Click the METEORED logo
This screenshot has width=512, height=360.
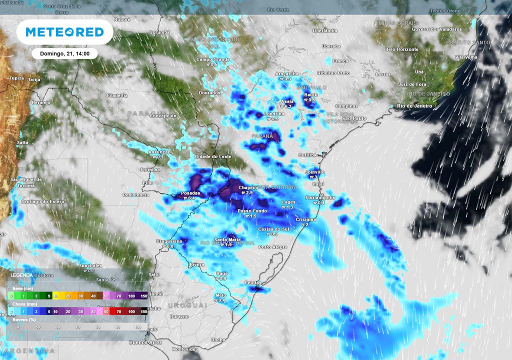point(64,32)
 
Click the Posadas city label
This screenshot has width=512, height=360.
point(190,193)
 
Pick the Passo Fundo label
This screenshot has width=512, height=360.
point(251,211)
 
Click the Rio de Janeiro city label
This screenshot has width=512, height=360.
point(414,106)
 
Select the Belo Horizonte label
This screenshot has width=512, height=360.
point(401,49)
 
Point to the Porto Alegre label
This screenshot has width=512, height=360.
point(273,247)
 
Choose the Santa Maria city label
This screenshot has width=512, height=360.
point(225,239)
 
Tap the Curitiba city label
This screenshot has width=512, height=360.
point(308,155)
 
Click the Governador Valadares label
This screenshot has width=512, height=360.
point(436,29)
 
